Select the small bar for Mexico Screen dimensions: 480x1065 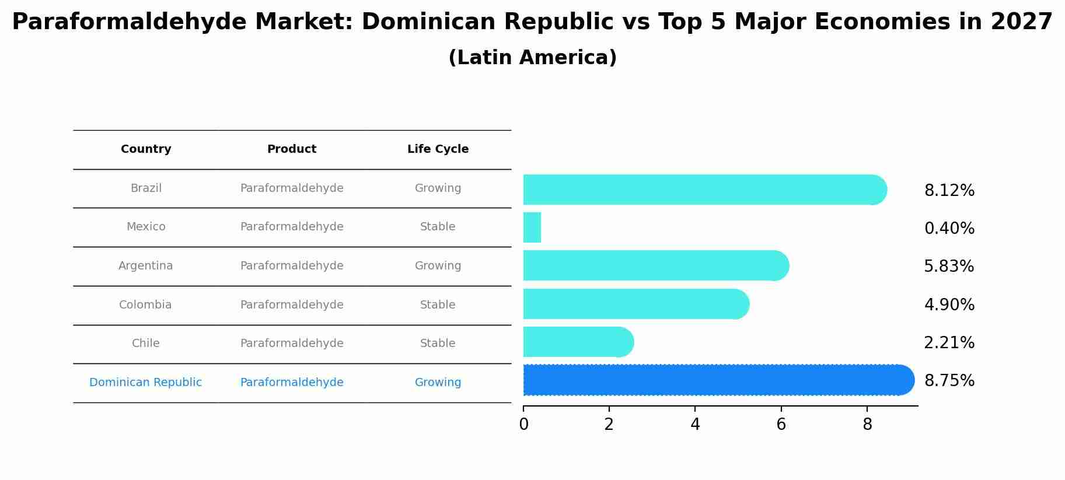click(x=532, y=227)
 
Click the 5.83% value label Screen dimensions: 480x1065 click(x=949, y=267)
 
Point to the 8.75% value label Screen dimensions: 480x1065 click(x=949, y=381)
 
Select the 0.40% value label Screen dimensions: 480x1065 click(x=949, y=229)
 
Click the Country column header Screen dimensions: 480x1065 click(x=146, y=149)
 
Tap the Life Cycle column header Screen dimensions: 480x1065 click(x=438, y=149)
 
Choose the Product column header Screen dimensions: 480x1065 click(x=292, y=149)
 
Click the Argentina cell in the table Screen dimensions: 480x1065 click(x=146, y=266)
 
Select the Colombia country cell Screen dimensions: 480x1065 click(x=145, y=305)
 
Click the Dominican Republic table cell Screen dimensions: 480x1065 click(x=146, y=383)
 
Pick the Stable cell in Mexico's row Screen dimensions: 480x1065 click(x=438, y=227)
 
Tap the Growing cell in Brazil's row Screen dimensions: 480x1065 click(x=438, y=188)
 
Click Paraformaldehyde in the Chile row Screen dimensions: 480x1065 click(x=292, y=344)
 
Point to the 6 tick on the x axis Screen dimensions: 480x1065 click(x=781, y=425)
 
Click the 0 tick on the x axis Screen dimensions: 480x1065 click(x=523, y=425)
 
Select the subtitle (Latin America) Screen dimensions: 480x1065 click(x=532, y=58)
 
